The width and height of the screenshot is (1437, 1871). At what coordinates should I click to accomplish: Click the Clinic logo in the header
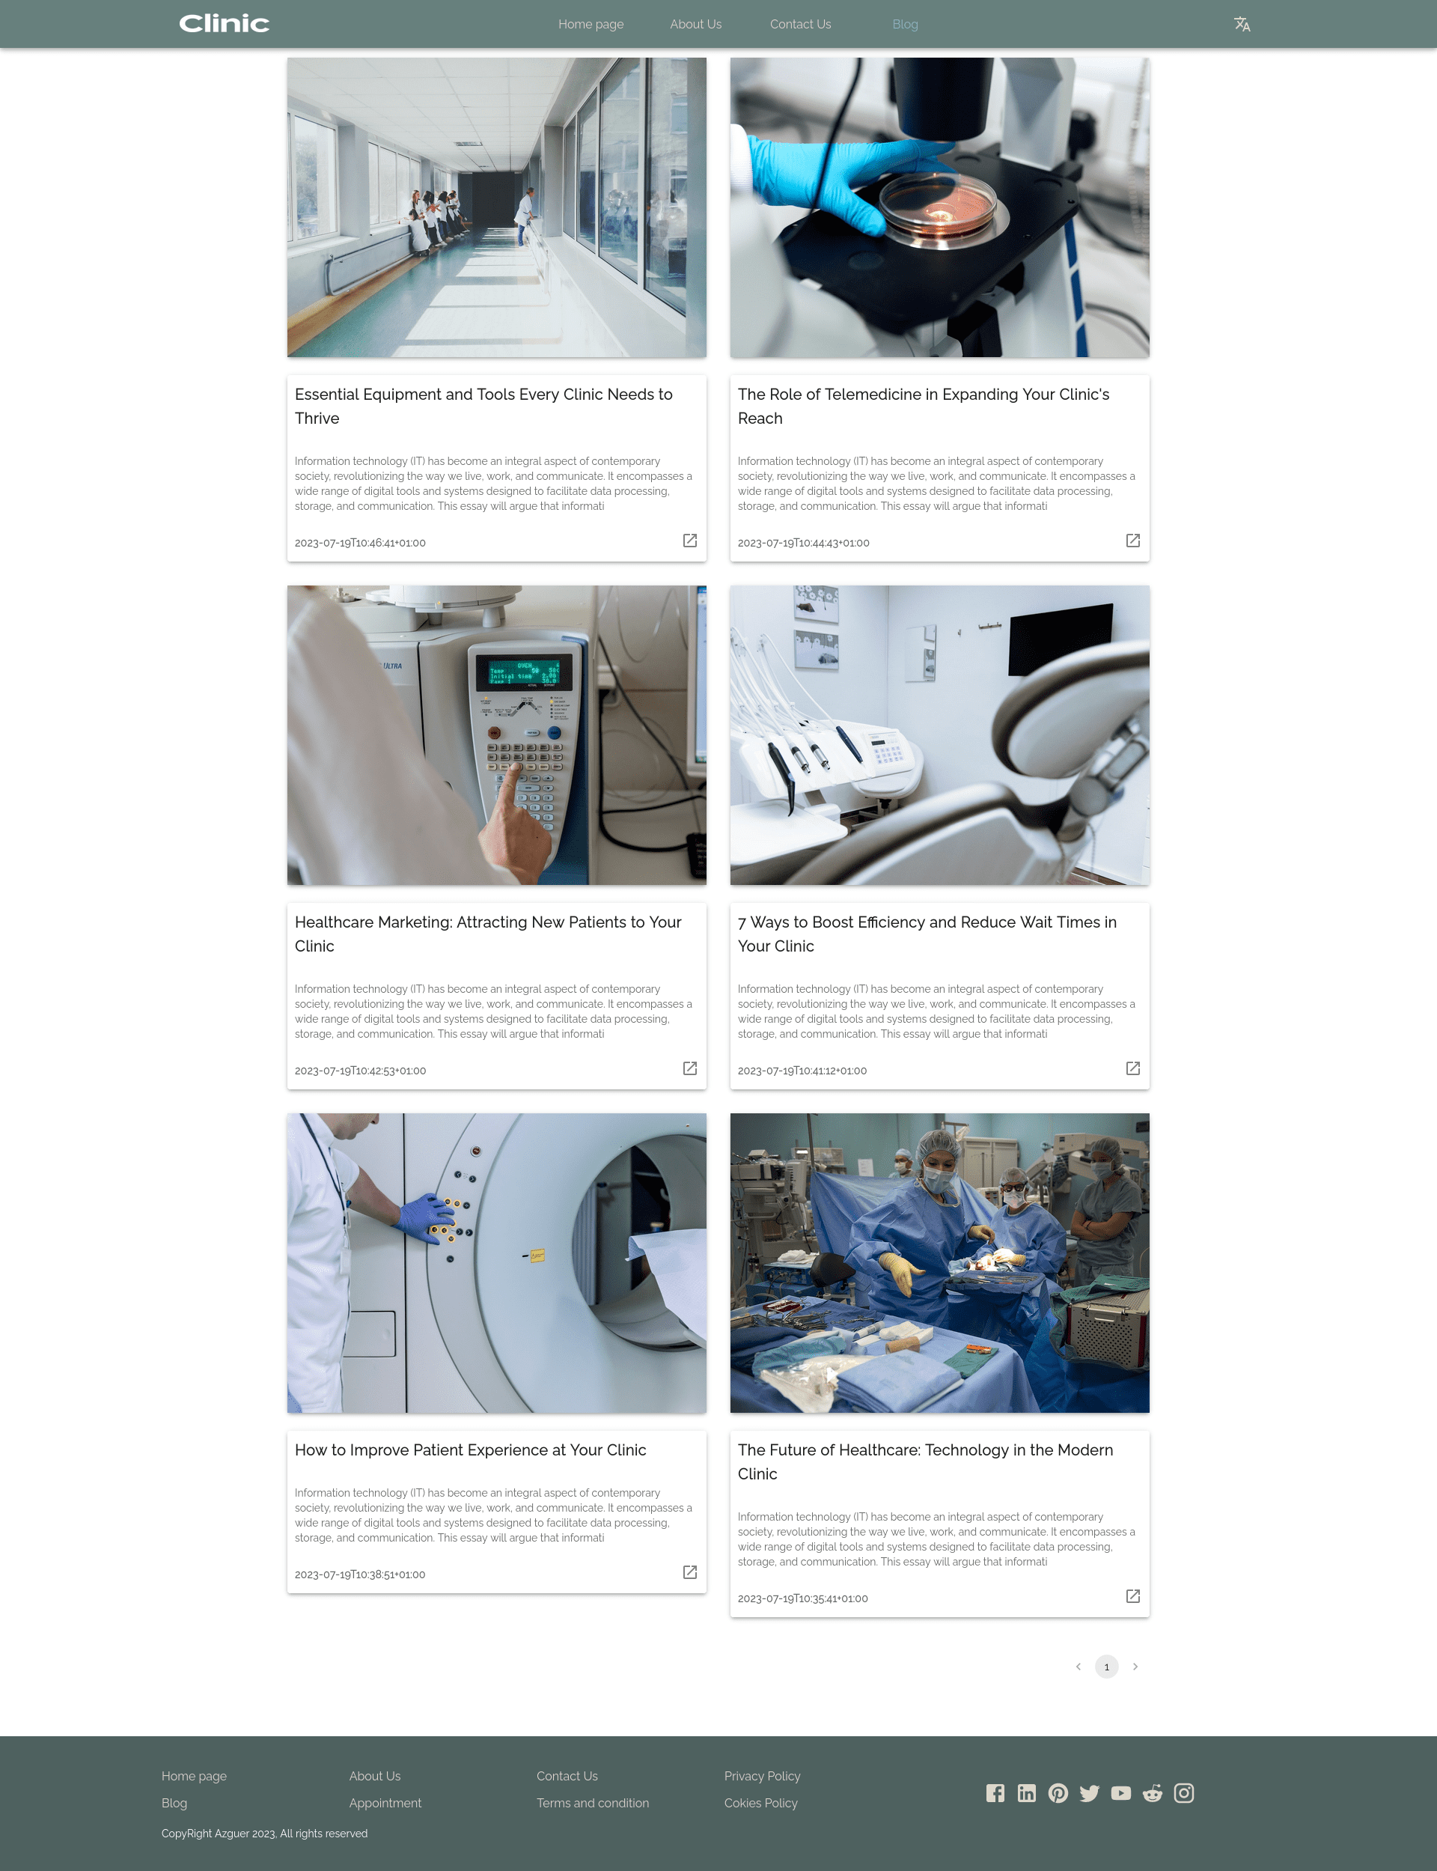pyautogui.click(x=224, y=24)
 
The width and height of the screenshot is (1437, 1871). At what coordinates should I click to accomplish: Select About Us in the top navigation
pyautogui.click(x=695, y=24)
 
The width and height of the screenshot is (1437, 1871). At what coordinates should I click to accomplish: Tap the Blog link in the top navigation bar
pyautogui.click(x=905, y=24)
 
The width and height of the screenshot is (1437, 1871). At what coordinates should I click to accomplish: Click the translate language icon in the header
pyautogui.click(x=1242, y=24)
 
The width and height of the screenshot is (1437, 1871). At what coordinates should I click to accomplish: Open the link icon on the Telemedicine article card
pyautogui.click(x=1132, y=541)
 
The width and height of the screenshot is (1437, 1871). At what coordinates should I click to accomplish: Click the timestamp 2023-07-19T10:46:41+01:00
pyautogui.click(x=360, y=542)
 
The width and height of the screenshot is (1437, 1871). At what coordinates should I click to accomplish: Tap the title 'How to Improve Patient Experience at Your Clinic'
pyautogui.click(x=471, y=1449)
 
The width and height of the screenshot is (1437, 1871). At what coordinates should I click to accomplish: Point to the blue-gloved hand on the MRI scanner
pyautogui.click(x=427, y=1217)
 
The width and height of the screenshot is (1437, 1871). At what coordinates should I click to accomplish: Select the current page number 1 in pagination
pyautogui.click(x=1106, y=1666)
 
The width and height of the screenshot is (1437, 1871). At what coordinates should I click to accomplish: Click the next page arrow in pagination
pyautogui.click(x=1135, y=1666)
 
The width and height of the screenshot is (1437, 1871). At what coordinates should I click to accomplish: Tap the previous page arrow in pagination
pyautogui.click(x=1078, y=1666)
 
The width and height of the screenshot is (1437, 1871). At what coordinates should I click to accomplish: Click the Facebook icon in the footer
pyautogui.click(x=995, y=1792)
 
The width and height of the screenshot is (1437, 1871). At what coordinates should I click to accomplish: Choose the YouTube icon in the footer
pyautogui.click(x=1120, y=1792)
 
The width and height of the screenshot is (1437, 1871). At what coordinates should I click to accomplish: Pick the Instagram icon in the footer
pyautogui.click(x=1184, y=1792)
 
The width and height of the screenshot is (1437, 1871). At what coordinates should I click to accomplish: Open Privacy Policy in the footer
pyautogui.click(x=762, y=1775)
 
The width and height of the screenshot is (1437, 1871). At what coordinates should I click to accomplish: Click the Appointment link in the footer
pyautogui.click(x=385, y=1803)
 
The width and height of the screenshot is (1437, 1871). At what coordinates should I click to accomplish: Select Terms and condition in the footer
pyautogui.click(x=593, y=1803)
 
